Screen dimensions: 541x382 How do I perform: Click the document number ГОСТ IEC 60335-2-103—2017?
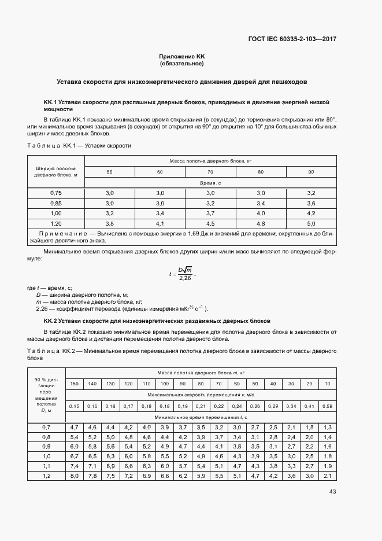click(x=292, y=39)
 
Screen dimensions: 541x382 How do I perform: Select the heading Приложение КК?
click(x=182, y=56)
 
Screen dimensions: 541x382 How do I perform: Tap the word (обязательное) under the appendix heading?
click(x=182, y=63)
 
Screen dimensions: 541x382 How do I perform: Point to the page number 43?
click(x=332, y=492)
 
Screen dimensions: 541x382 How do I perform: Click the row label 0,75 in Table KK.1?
click(x=55, y=193)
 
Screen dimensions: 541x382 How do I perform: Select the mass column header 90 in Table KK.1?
click(x=311, y=172)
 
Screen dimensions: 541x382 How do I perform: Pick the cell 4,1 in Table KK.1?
click(x=160, y=223)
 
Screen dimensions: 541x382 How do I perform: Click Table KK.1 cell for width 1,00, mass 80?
click(x=261, y=213)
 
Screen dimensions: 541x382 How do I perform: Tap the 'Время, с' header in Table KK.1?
click(x=210, y=182)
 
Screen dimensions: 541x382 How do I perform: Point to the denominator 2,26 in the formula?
click(x=185, y=278)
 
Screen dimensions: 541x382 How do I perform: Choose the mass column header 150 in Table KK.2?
click(x=75, y=384)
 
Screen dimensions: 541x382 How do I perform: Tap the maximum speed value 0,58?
click(x=328, y=406)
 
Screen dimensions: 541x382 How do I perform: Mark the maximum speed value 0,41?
click(x=310, y=406)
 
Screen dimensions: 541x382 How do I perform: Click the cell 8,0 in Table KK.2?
click(x=75, y=476)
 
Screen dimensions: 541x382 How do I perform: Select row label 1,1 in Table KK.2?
click(x=47, y=466)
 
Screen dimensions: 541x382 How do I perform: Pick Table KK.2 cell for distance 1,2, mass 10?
click(x=328, y=476)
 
